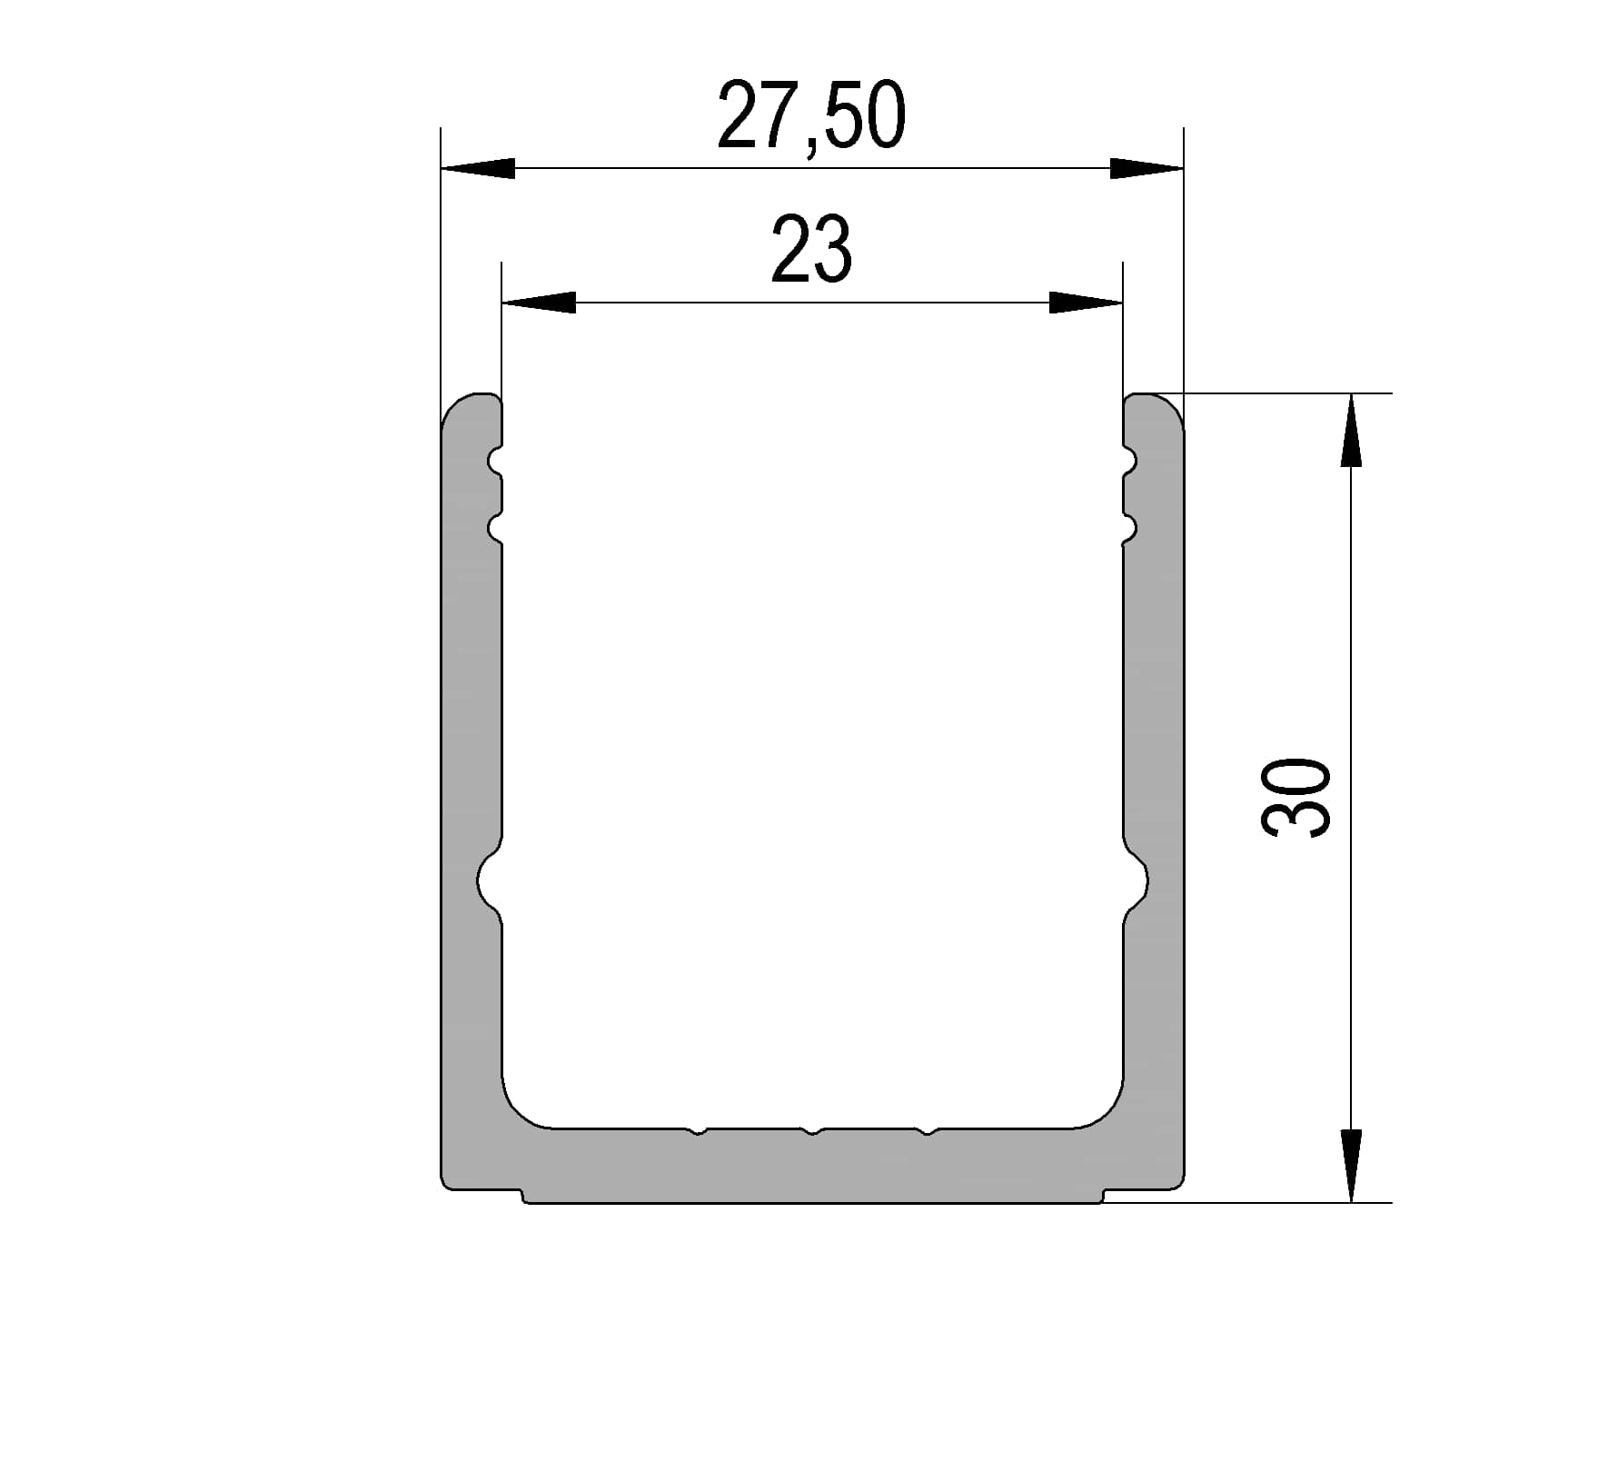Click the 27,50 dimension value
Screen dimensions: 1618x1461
(x=811, y=117)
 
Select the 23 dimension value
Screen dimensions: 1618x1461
(x=811, y=249)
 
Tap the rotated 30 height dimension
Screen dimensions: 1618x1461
(x=1296, y=797)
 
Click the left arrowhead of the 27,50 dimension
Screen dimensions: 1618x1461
(x=478, y=168)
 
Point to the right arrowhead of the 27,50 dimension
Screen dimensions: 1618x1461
(x=1146, y=168)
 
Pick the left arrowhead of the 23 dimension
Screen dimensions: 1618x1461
(x=539, y=303)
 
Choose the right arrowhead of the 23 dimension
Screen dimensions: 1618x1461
(x=1086, y=303)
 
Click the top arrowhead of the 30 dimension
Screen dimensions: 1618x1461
(x=1351, y=430)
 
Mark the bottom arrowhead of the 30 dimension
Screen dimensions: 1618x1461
(x=1351, y=1166)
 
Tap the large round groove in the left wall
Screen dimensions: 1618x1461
(x=490, y=880)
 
